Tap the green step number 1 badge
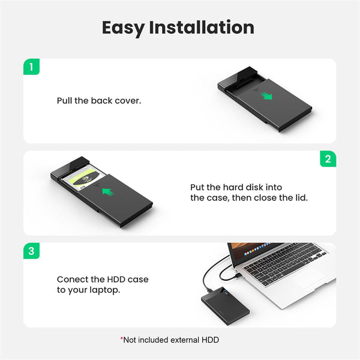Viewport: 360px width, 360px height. pyautogui.click(x=32, y=67)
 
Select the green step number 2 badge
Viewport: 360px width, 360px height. pyautogui.click(x=328, y=159)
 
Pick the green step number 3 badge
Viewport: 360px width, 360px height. pyautogui.click(x=32, y=251)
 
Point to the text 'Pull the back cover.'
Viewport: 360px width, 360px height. pyautogui.click(x=99, y=101)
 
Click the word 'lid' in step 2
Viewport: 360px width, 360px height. pyautogui.click(x=301, y=197)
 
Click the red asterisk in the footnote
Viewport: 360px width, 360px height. pyautogui.click(x=122, y=339)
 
